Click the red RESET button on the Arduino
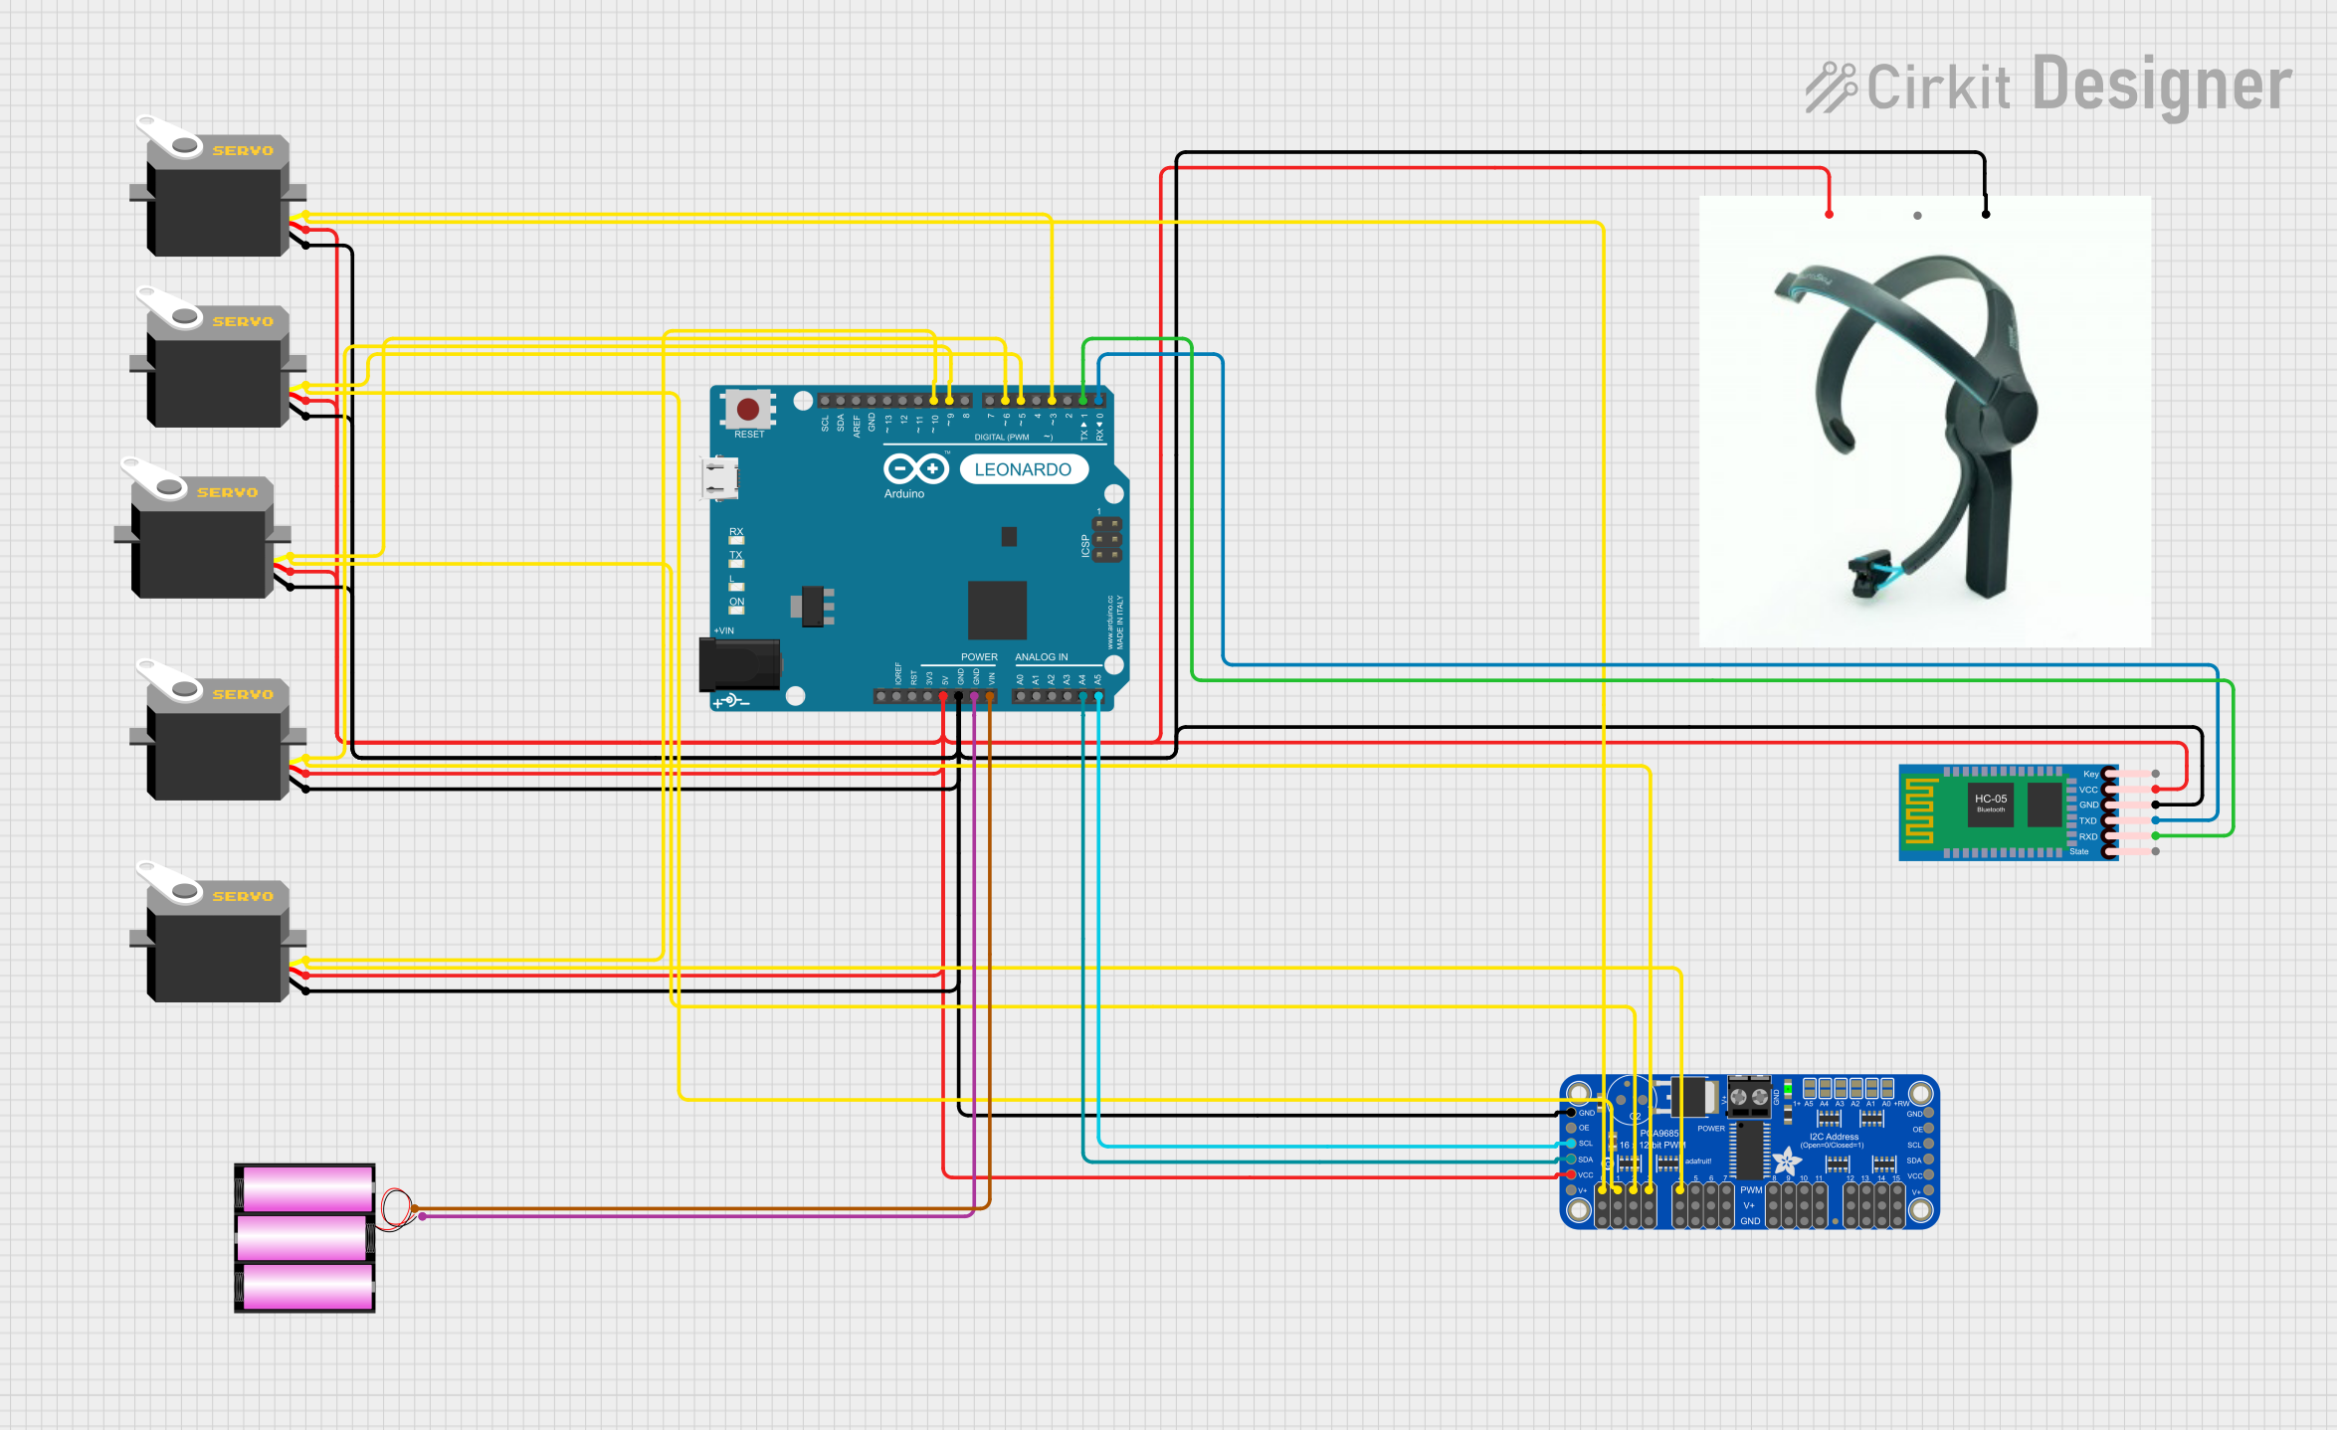tap(748, 409)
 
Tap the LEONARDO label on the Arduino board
tap(1023, 469)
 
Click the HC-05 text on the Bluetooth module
tap(1991, 799)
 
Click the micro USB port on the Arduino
tap(720, 477)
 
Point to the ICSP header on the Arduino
tap(1106, 539)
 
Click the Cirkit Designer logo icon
tap(1832, 88)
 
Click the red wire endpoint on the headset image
tap(1829, 215)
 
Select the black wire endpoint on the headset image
tap(1986, 215)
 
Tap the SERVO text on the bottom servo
tap(243, 896)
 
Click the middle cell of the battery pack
tap(304, 1238)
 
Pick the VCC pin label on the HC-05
tap(2088, 790)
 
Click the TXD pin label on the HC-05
tap(2087, 821)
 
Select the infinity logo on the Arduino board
tap(915, 467)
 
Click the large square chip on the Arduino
tap(997, 610)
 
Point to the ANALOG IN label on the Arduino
tap(1041, 657)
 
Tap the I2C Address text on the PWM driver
tap(1834, 1137)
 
